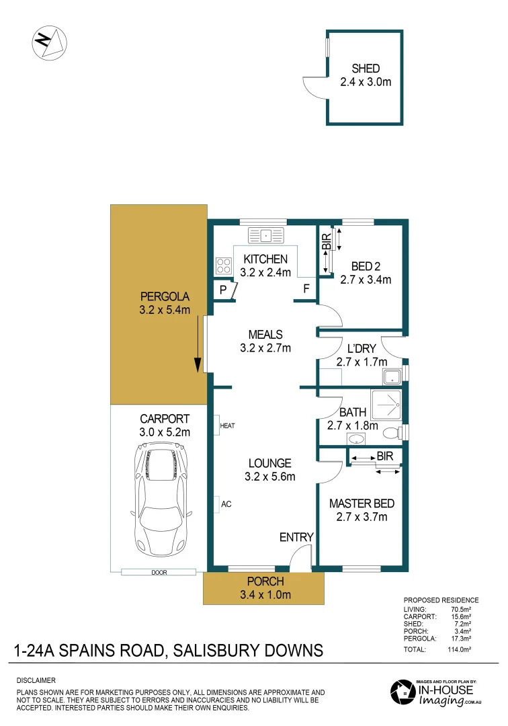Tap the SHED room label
click(366, 69)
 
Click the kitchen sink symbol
click(266, 235)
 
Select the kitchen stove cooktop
click(224, 266)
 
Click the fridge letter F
click(306, 290)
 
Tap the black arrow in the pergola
click(198, 346)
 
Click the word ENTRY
click(296, 536)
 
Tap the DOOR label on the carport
click(159, 572)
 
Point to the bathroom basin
click(356, 439)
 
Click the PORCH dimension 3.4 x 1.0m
click(265, 594)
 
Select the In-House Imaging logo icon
click(403, 692)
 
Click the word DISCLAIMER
click(36, 680)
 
